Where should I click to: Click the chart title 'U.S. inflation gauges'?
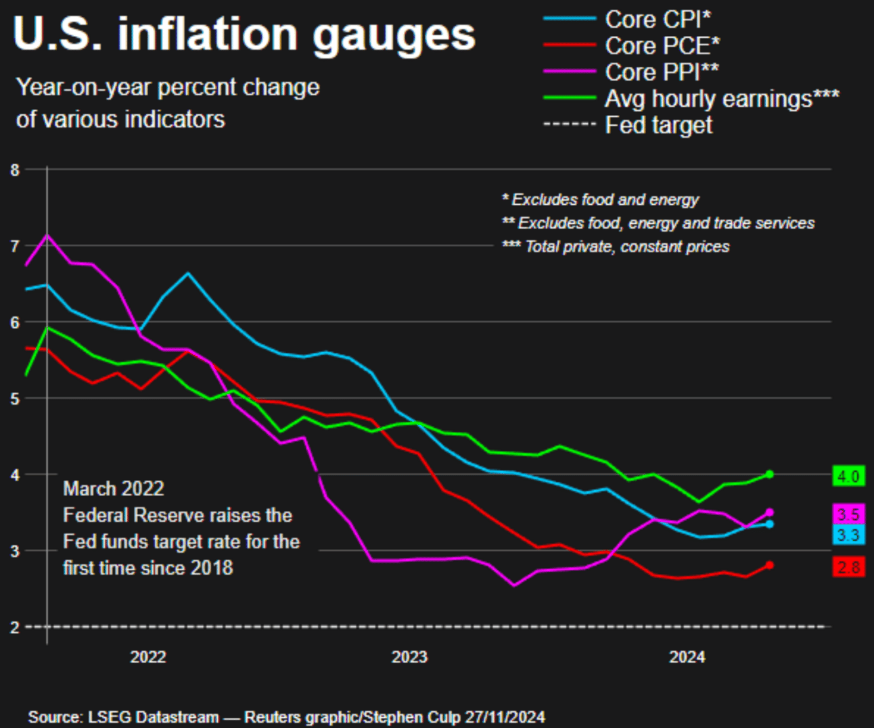(x=244, y=34)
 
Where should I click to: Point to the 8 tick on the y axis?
(x=15, y=170)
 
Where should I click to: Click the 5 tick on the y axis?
(x=15, y=398)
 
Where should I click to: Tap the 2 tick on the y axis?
(x=15, y=627)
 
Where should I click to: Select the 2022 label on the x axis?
(x=148, y=657)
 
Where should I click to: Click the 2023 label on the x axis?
(x=409, y=657)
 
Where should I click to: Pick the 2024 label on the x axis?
(x=687, y=657)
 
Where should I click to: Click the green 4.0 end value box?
(x=848, y=477)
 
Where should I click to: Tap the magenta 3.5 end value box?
(x=848, y=514)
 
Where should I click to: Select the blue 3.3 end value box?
(x=848, y=535)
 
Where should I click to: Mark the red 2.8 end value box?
(x=848, y=567)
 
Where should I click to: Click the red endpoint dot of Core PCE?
(x=769, y=565)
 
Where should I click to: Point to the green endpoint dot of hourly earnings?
(x=769, y=474)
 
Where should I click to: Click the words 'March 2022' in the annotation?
(x=114, y=489)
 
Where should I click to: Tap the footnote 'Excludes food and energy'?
(x=605, y=200)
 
